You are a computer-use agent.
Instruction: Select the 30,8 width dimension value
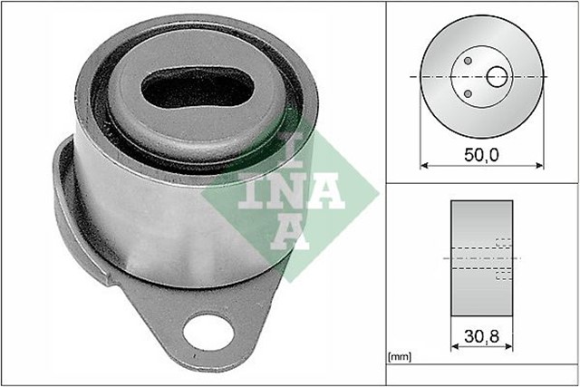coord(482,336)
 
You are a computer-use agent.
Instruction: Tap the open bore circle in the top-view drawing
coord(498,77)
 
